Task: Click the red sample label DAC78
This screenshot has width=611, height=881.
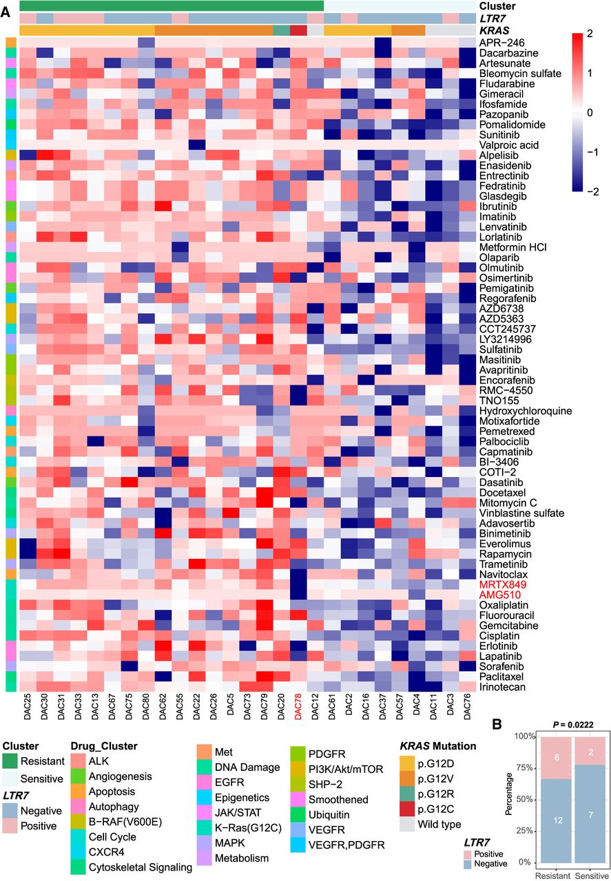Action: [298, 710]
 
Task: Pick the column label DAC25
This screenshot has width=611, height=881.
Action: [28, 710]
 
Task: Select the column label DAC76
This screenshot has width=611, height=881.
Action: [468, 710]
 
